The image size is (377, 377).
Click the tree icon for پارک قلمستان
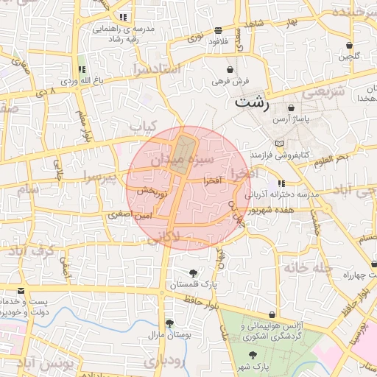coord(193,273)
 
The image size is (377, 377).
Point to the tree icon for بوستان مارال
coord(170,323)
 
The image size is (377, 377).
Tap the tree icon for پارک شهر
coord(253,354)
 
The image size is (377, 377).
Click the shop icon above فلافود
coord(219,30)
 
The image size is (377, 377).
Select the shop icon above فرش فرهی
coord(230,69)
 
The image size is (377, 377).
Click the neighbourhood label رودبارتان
coord(160,361)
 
